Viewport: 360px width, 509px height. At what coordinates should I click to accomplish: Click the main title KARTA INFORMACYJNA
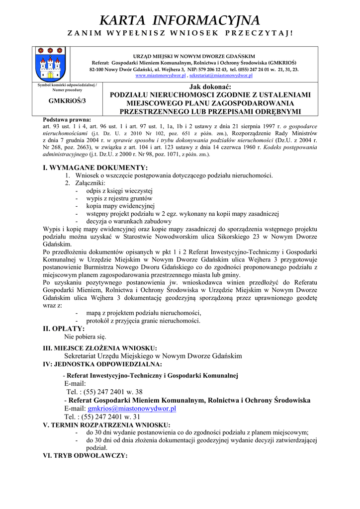180,20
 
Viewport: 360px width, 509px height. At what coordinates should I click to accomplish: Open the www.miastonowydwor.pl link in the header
160,76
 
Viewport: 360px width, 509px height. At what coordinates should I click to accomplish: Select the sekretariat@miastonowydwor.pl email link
221,76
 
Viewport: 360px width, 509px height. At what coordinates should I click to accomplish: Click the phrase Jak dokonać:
210,87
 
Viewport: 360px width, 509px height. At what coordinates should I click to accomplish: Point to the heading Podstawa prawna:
67,120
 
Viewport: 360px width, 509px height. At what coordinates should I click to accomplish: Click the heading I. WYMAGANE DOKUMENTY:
95,168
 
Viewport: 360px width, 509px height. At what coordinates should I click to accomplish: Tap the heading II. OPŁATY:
64,329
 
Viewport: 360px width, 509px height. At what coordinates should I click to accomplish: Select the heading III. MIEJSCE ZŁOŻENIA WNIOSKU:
100,348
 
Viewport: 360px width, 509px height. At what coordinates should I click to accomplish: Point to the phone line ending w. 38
104,392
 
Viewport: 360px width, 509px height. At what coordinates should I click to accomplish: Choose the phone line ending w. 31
102,417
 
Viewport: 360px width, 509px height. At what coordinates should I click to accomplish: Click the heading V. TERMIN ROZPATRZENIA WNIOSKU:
106,425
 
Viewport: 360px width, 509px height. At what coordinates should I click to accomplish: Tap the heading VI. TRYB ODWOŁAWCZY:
86,455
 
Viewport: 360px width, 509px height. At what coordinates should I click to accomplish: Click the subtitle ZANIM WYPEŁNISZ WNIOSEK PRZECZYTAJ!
180,33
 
